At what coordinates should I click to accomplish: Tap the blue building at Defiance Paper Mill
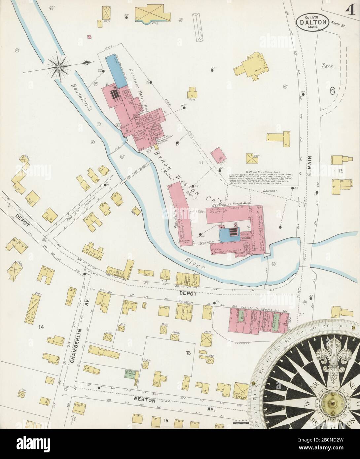tap(116, 70)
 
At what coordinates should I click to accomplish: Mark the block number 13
tap(188, 353)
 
